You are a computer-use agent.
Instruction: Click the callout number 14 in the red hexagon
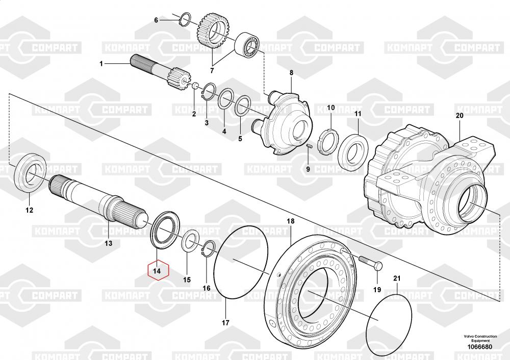click(x=158, y=271)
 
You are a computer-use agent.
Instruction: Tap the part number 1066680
click(x=480, y=347)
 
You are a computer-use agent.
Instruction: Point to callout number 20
click(x=460, y=116)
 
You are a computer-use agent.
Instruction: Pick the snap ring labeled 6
click(x=185, y=20)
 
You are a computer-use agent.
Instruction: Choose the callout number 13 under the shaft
click(x=109, y=243)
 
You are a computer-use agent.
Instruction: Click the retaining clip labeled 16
click(x=209, y=250)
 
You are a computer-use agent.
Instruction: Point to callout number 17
click(x=225, y=322)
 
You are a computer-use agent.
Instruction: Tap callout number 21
click(x=397, y=278)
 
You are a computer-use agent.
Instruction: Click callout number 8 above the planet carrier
click(x=291, y=73)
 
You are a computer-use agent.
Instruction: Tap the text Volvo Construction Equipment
click(x=480, y=338)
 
